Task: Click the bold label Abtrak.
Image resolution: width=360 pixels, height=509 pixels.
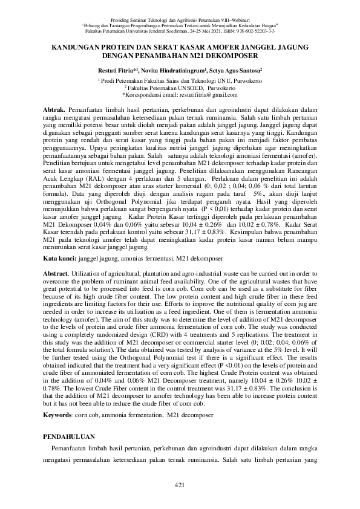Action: click(58, 108)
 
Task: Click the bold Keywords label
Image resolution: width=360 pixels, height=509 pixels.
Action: click(64, 416)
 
